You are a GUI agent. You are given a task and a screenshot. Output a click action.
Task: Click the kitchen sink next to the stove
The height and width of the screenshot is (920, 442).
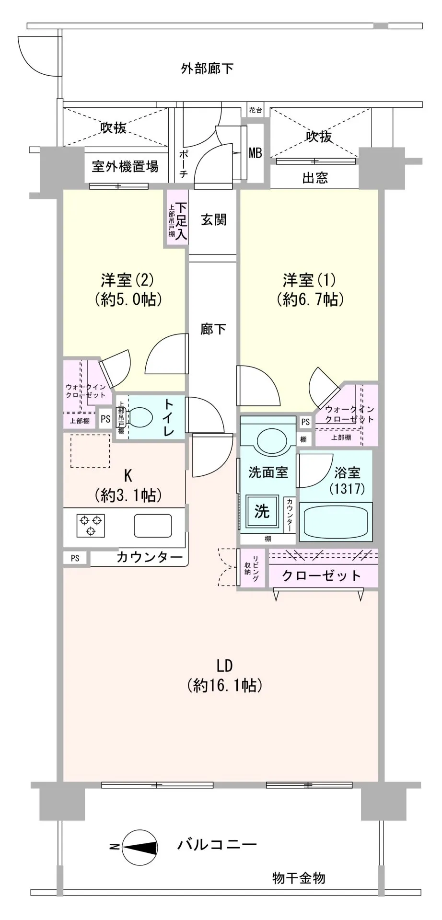[x=153, y=526]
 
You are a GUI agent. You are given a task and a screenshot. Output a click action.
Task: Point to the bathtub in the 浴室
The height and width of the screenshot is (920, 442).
[x=336, y=522]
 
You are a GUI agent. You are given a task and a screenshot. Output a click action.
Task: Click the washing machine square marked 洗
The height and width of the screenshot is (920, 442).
[x=262, y=512]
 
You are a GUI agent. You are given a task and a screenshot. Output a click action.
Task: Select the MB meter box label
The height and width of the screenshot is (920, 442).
[x=255, y=153]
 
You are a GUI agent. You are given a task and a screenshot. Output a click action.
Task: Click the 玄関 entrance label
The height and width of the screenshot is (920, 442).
[x=213, y=220]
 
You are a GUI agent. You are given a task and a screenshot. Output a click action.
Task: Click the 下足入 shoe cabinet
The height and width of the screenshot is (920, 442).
[x=177, y=218]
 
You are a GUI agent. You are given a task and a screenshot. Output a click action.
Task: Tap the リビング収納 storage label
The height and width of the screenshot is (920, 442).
[x=253, y=568]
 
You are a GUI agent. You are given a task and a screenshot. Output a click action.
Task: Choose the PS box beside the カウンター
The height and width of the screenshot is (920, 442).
[x=75, y=558]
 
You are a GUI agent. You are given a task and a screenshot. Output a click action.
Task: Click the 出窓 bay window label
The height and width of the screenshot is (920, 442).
[x=315, y=178]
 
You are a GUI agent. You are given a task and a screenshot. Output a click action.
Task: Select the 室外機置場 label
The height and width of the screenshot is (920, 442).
[x=125, y=167]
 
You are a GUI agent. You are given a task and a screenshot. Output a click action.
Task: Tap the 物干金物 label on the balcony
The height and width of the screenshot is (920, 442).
[x=299, y=878]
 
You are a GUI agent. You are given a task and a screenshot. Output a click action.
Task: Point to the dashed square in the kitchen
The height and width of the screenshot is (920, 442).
[x=90, y=451]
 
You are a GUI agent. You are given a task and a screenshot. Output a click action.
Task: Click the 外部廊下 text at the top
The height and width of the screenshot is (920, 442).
[x=207, y=69]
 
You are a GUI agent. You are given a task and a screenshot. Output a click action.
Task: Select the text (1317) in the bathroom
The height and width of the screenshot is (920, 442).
[x=348, y=489]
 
